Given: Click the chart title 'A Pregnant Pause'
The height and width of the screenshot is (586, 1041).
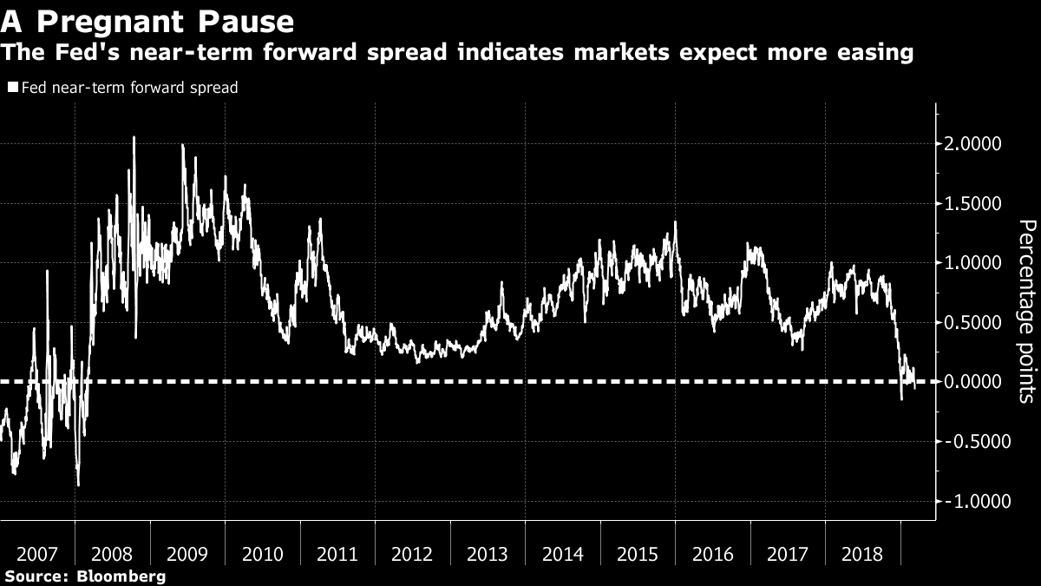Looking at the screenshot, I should point(147,19).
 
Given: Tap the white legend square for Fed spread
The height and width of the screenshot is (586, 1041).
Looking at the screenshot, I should point(11,88).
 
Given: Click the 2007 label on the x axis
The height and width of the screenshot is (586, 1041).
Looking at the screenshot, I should point(37,553).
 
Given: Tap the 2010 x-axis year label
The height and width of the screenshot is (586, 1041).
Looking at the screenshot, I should point(263,553).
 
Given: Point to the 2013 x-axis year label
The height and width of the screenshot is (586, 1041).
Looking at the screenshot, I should point(488,553).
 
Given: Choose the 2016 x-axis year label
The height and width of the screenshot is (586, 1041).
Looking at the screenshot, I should point(713,553).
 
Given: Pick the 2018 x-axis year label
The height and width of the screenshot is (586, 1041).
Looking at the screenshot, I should point(863,553).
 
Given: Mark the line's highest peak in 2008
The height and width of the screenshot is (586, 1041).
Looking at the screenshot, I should point(134,137).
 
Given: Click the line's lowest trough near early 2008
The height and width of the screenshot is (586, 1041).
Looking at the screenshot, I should point(78,484).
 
